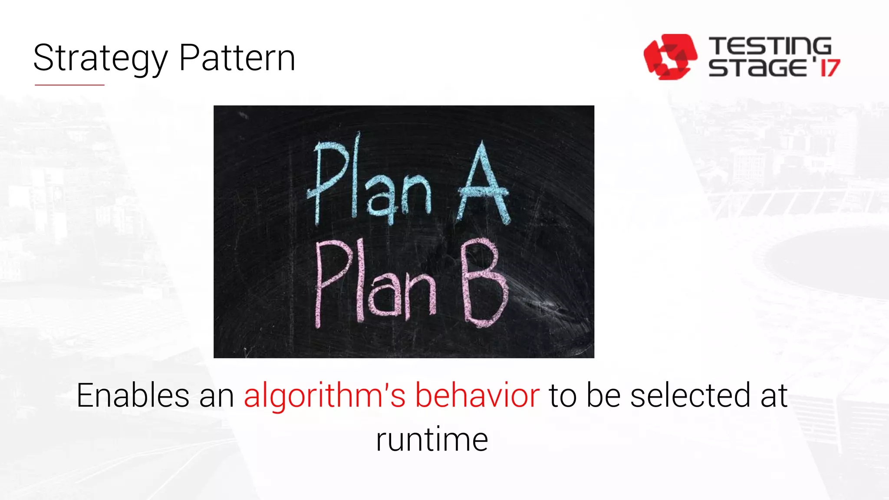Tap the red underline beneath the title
pos(69,85)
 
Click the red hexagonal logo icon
pos(670,57)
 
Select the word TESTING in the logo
pos(770,46)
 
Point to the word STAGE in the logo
pos(757,68)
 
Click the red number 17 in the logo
pos(830,68)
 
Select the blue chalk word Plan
pos(369,181)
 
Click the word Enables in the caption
pos(133,395)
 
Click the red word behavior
pos(477,395)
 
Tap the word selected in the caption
pos(690,395)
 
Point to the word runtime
pos(432,440)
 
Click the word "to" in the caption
pos(563,395)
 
